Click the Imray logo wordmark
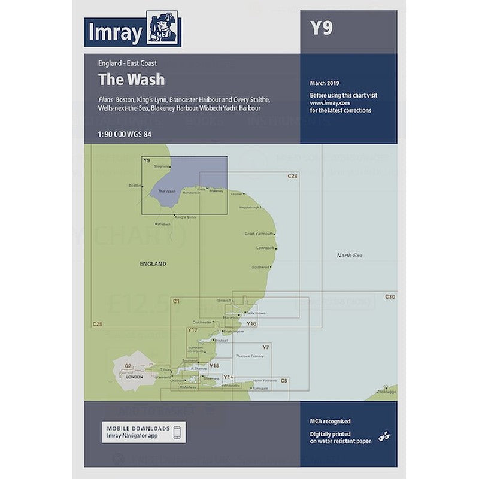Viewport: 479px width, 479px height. (114, 33)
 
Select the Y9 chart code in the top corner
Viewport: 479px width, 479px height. (322, 29)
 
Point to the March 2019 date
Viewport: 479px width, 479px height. (324, 83)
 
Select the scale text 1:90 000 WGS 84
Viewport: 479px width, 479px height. (125, 134)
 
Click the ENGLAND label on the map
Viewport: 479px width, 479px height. (153, 263)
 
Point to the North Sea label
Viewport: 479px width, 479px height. (350, 256)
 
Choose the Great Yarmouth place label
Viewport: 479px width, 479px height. (259, 234)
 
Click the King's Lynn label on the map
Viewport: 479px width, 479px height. (186, 217)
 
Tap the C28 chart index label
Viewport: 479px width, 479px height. (292, 176)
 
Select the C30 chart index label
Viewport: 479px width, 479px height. (390, 297)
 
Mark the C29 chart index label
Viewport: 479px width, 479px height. (97, 324)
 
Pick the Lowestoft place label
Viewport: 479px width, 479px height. (264, 247)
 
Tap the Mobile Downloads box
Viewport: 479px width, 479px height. (143, 432)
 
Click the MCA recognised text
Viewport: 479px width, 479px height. (330, 422)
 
